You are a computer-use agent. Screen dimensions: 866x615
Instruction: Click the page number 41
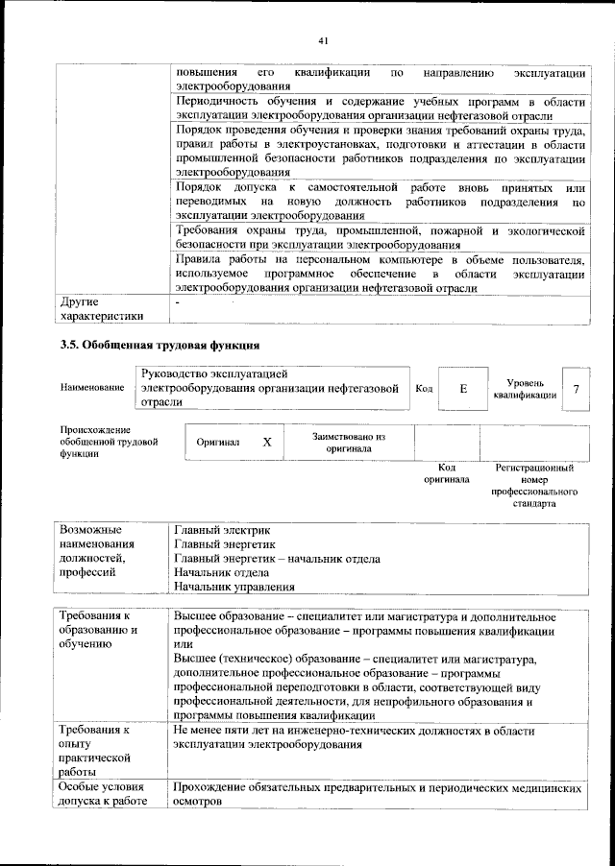coord(323,40)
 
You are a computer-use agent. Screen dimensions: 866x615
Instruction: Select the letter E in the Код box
coord(462,389)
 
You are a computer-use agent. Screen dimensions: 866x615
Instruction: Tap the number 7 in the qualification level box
coord(576,389)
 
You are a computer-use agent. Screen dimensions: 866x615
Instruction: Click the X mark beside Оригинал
coord(267,442)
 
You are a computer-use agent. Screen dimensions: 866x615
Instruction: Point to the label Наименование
coord(92,388)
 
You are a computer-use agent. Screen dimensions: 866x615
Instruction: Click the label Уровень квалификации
coord(524,389)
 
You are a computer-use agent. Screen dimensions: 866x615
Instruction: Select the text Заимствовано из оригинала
coord(349,442)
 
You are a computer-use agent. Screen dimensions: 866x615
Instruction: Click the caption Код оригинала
coord(447,472)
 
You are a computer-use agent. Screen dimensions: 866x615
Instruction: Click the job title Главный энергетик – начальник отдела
coord(277,558)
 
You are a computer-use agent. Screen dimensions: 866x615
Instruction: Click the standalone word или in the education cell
coord(184,644)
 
